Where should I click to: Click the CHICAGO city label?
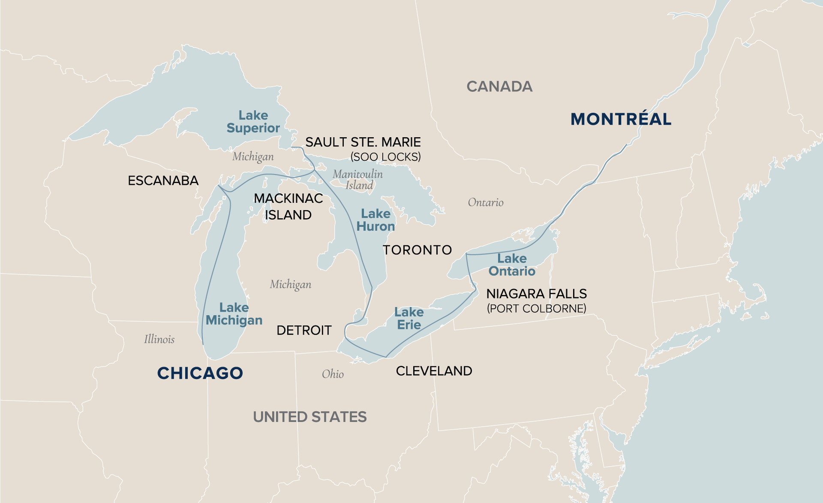(200, 373)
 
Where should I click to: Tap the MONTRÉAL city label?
(621, 119)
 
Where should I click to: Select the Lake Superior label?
(253, 122)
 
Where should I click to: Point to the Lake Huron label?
(375, 220)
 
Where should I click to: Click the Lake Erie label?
(409, 319)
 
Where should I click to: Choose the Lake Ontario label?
(512, 265)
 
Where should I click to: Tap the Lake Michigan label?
(234, 314)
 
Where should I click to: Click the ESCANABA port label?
(163, 181)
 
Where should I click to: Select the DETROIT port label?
(304, 330)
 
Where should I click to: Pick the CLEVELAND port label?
(434, 371)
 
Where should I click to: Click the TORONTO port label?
(417, 250)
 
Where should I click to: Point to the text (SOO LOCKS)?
(385, 157)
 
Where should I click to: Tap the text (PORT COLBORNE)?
(536, 308)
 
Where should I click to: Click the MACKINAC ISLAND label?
(288, 206)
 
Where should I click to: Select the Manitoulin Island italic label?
(358, 180)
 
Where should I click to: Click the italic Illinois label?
(159, 339)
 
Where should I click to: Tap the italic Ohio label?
(333, 374)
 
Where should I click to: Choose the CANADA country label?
(499, 87)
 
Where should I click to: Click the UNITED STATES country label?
(309, 417)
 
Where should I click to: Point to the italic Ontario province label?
(485, 202)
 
